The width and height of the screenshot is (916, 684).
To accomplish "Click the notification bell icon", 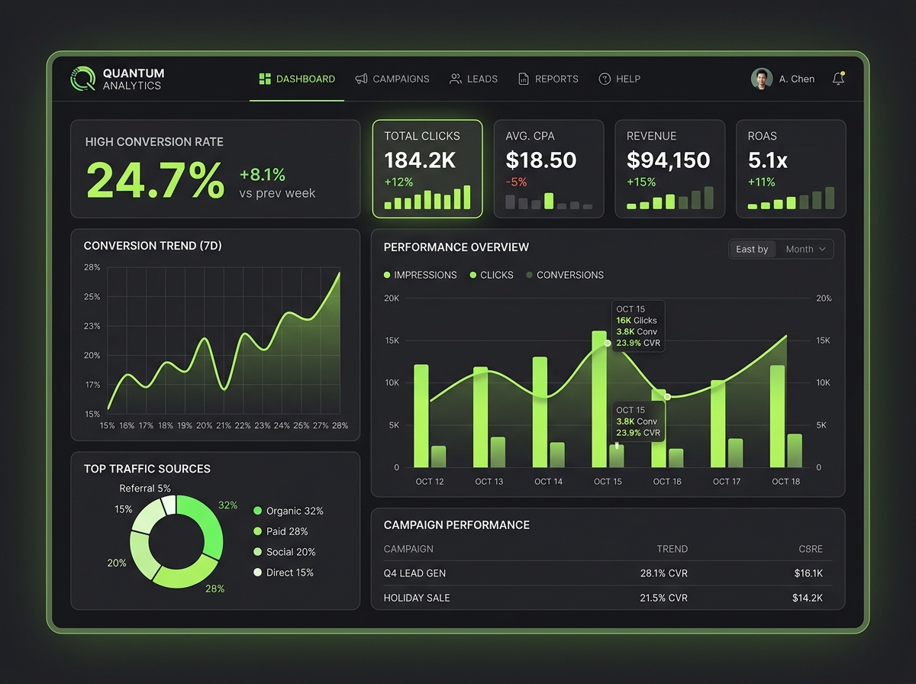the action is (x=838, y=79).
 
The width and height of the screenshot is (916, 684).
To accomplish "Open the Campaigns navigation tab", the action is (x=392, y=79).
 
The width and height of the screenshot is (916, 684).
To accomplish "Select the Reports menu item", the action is (x=548, y=79).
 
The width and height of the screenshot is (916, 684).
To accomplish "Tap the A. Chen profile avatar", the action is (x=762, y=79).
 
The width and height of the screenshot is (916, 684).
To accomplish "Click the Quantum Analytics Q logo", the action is (x=82, y=79).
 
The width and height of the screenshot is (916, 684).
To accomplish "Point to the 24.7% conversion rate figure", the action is (x=155, y=180).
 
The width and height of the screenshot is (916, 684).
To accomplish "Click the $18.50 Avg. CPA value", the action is (x=541, y=160).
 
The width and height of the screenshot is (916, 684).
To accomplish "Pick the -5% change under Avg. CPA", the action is (x=516, y=182).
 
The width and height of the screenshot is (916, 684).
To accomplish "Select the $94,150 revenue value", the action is (x=668, y=160).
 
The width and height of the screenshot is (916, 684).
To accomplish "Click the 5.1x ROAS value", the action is (x=767, y=160).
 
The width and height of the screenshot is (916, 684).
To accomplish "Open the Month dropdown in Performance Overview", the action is (x=805, y=249).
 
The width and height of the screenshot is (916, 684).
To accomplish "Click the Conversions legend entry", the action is (x=565, y=275).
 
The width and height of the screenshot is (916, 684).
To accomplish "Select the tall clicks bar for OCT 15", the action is (x=599, y=399).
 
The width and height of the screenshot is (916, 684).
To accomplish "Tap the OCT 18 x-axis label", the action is (x=785, y=482).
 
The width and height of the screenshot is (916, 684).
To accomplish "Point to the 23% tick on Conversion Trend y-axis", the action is (x=92, y=326).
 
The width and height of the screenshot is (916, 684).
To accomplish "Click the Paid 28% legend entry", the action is (x=280, y=531).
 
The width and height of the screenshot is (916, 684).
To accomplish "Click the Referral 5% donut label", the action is (x=145, y=489).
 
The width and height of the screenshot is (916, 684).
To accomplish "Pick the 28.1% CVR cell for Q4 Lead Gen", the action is (x=663, y=573).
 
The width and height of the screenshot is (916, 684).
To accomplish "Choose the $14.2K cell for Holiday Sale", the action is (x=807, y=598).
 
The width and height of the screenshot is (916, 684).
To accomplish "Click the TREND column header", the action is (x=672, y=549).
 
